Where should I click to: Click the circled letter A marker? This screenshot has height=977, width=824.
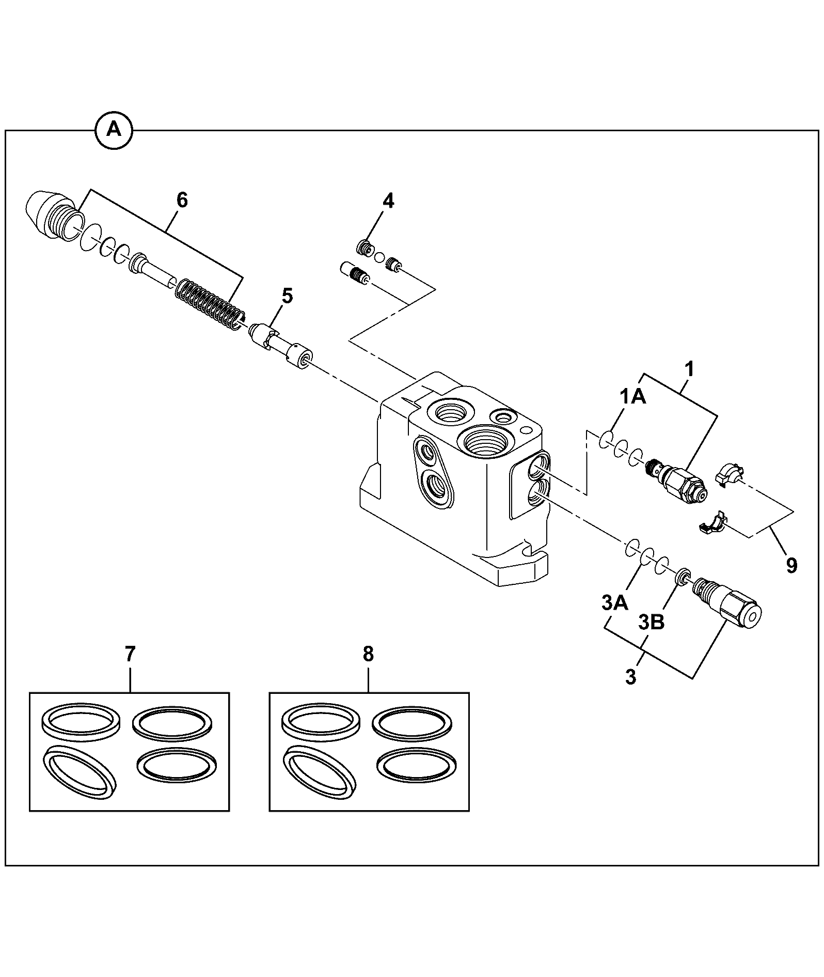[114, 130]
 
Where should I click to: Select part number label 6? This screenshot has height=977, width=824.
[182, 200]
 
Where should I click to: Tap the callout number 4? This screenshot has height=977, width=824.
[388, 201]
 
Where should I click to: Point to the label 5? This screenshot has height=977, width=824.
[287, 296]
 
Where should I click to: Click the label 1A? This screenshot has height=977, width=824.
[632, 397]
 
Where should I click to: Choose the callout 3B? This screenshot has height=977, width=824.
[652, 623]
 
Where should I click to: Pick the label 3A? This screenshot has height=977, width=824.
[614, 602]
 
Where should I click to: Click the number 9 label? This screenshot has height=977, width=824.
[791, 565]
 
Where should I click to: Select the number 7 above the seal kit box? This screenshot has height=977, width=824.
[130, 655]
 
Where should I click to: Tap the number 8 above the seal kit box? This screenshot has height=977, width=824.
[368, 655]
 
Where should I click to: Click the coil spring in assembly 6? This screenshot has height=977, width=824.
[210, 305]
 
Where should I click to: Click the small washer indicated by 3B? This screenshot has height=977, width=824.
[682, 575]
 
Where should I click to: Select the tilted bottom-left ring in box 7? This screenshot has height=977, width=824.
[81, 772]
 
